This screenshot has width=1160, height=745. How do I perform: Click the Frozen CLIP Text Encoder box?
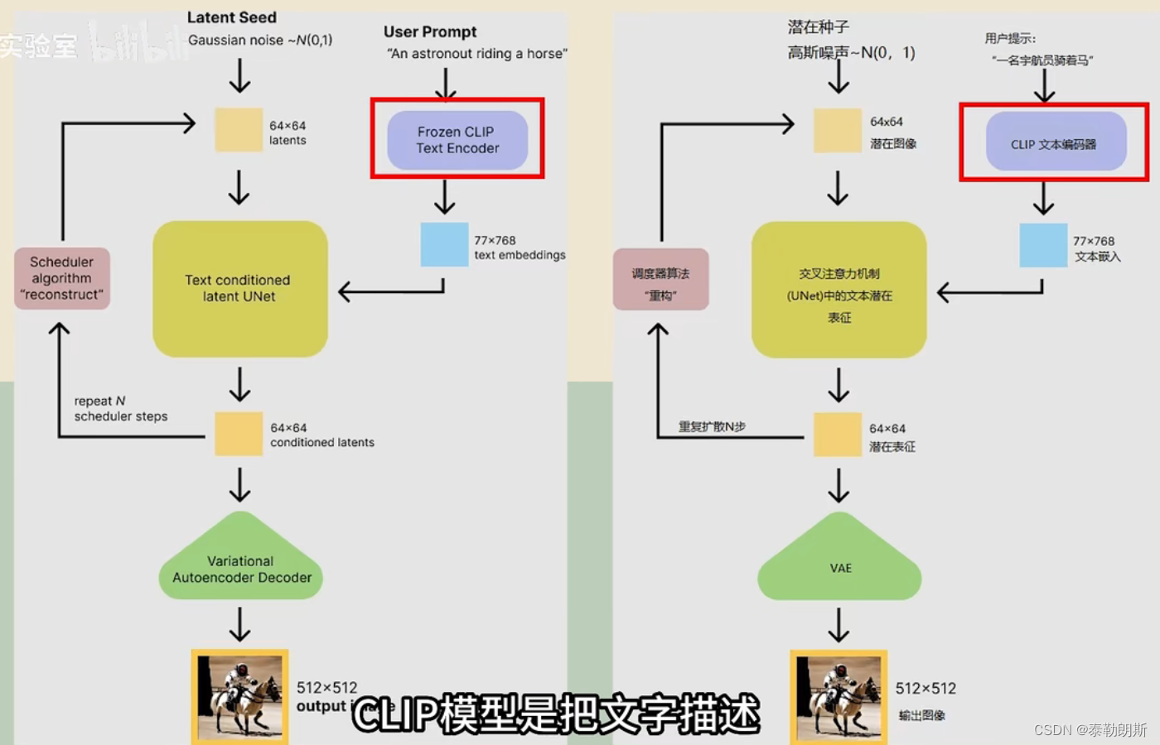457,140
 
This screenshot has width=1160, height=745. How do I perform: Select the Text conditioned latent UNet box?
239,288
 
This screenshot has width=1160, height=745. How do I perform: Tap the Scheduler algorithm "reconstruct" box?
62,278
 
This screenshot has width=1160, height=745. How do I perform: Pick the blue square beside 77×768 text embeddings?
444,244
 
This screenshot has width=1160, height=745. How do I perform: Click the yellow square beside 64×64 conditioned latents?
239,434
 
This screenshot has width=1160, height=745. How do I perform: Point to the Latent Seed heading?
232,17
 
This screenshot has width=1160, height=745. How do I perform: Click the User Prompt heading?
430,31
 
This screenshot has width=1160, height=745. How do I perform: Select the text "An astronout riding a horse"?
477,54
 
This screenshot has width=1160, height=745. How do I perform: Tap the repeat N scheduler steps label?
121,408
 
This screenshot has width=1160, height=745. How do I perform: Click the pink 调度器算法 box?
660,279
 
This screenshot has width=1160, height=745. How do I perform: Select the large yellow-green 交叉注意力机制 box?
839,290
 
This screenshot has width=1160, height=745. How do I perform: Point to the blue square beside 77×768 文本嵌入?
1043,245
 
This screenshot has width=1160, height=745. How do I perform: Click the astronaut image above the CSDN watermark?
839,696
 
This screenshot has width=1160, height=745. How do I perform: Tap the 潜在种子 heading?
818,27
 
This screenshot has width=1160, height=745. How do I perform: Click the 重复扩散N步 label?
712,426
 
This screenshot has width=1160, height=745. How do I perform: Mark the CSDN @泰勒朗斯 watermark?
1090,729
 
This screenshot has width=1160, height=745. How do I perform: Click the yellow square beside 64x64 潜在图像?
837,130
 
